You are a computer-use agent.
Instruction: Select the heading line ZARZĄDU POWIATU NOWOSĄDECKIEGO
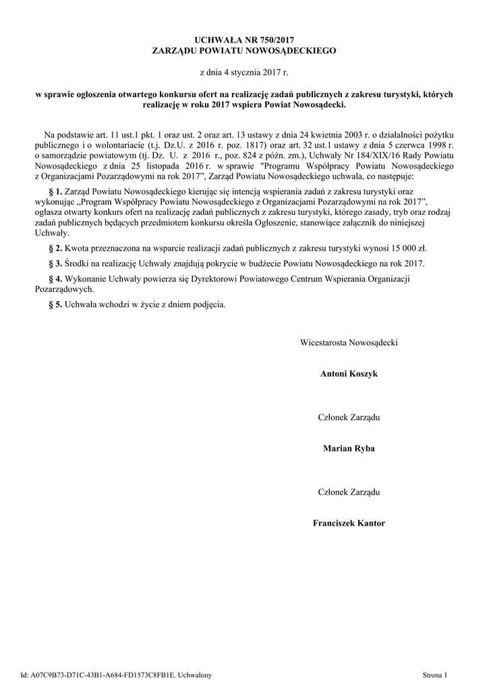(x=244, y=51)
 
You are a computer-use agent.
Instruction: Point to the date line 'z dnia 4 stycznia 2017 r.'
(x=244, y=71)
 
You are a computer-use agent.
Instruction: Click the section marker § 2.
(x=56, y=248)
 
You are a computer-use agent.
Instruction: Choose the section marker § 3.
(x=56, y=263)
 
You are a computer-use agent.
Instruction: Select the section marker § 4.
(x=56, y=278)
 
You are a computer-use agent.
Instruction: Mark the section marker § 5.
(x=56, y=304)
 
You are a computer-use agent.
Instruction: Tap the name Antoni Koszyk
(x=349, y=374)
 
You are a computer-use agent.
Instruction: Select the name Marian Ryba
(x=349, y=448)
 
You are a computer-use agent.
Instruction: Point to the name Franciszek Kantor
(x=349, y=523)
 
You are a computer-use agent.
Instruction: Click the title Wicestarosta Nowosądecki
(x=349, y=343)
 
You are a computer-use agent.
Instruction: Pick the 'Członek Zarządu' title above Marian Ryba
(x=349, y=417)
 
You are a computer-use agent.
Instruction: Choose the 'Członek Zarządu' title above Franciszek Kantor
(x=349, y=492)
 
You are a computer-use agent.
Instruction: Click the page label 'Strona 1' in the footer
(x=435, y=675)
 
